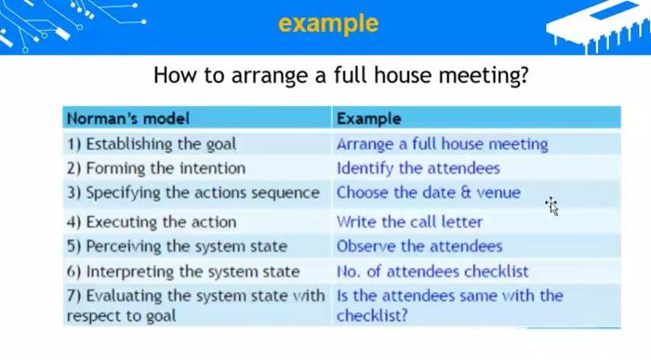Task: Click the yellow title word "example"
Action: pos(328,23)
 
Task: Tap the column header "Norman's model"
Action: pos(128,118)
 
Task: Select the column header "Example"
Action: pos(369,118)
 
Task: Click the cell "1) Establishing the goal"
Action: pos(152,144)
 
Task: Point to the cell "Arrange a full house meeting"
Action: pos(442,144)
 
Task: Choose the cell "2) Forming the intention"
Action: pos(156,168)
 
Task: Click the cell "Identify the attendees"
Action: pos(418,168)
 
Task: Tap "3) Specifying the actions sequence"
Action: pos(193,193)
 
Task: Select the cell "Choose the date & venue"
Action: pos(429,193)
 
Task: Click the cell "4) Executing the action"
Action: pos(152,222)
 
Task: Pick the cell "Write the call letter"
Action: pos(409,222)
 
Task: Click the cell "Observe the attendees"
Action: pos(419,247)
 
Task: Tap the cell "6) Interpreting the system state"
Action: pos(183,272)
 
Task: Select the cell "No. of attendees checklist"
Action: pos(432,272)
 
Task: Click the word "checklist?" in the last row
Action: pos(372,315)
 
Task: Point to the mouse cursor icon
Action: pos(552,206)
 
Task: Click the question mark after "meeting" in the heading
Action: pos(525,74)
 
